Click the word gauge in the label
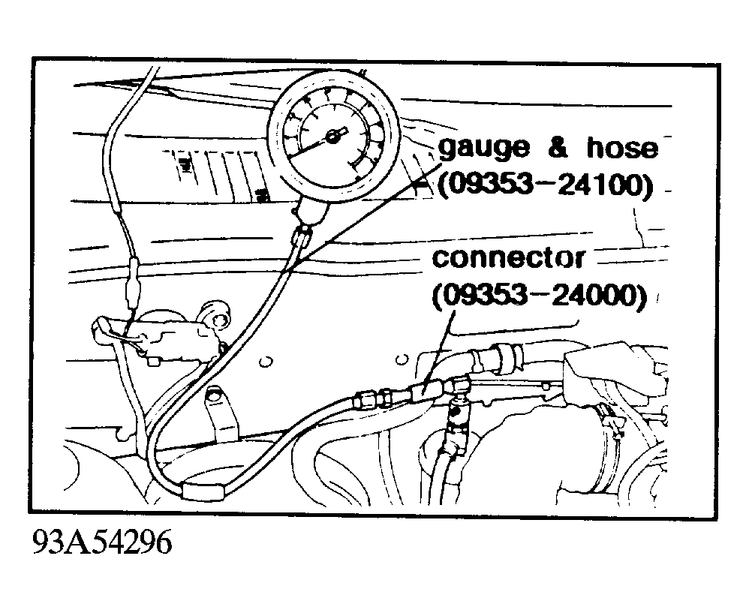click(484, 149)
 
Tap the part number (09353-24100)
click(545, 185)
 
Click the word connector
click(508, 258)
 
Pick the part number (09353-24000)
click(540, 296)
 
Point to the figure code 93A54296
click(102, 542)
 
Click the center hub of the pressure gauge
click(332, 137)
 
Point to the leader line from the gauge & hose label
click(367, 212)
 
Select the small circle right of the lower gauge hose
click(266, 362)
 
